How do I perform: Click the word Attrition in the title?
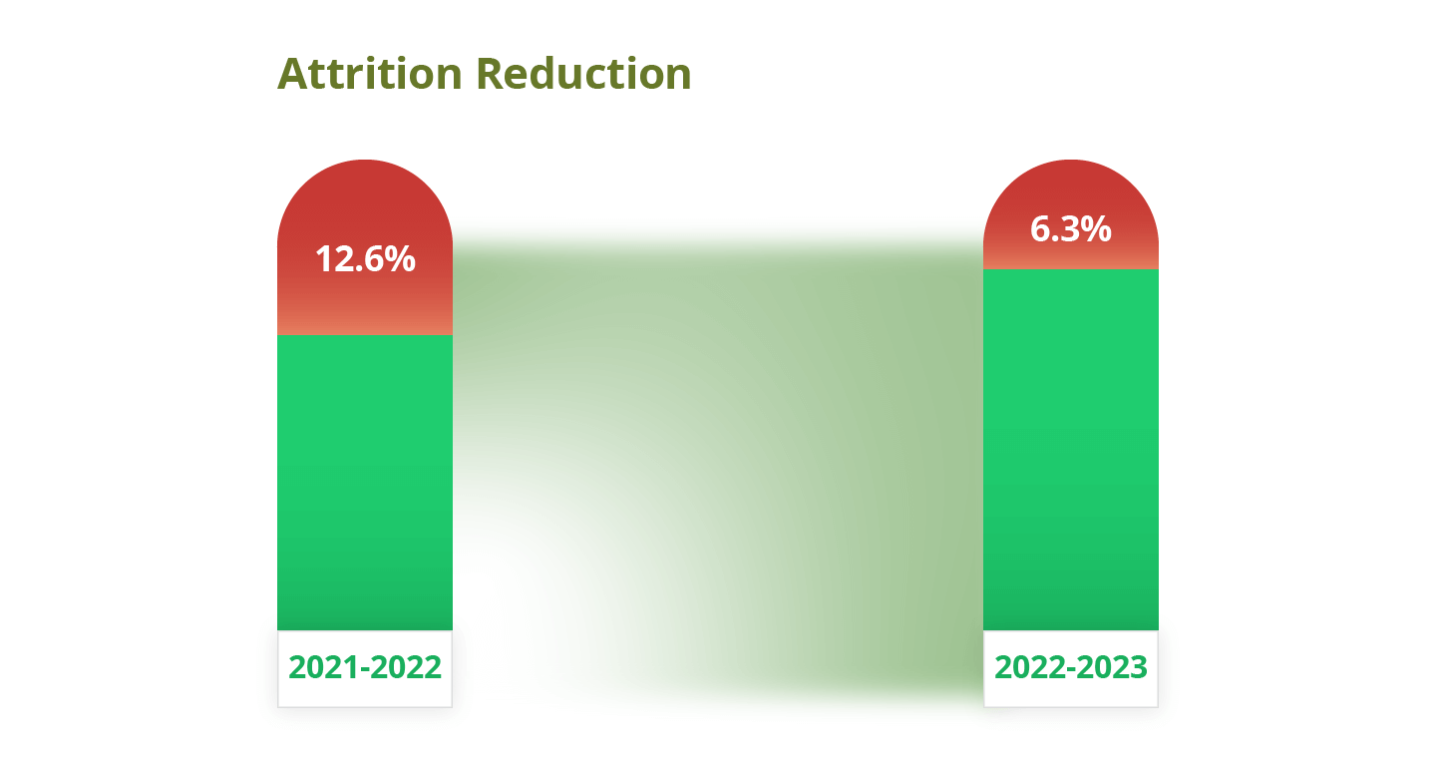(x=369, y=74)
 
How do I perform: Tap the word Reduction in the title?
(x=584, y=74)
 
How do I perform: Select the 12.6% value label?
(x=365, y=259)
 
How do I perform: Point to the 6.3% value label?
(x=1071, y=229)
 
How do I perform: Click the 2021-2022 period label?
(x=365, y=667)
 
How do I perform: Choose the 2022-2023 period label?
(x=1071, y=667)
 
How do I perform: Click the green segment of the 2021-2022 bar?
(x=365, y=483)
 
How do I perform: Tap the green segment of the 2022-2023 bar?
(x=1071, y=450)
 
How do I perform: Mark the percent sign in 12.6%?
(x=401, y=259)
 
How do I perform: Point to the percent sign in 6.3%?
(x=1096, y=229)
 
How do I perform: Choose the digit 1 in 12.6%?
(x=323, y=259)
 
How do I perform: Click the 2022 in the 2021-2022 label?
(x=407, y=667)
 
